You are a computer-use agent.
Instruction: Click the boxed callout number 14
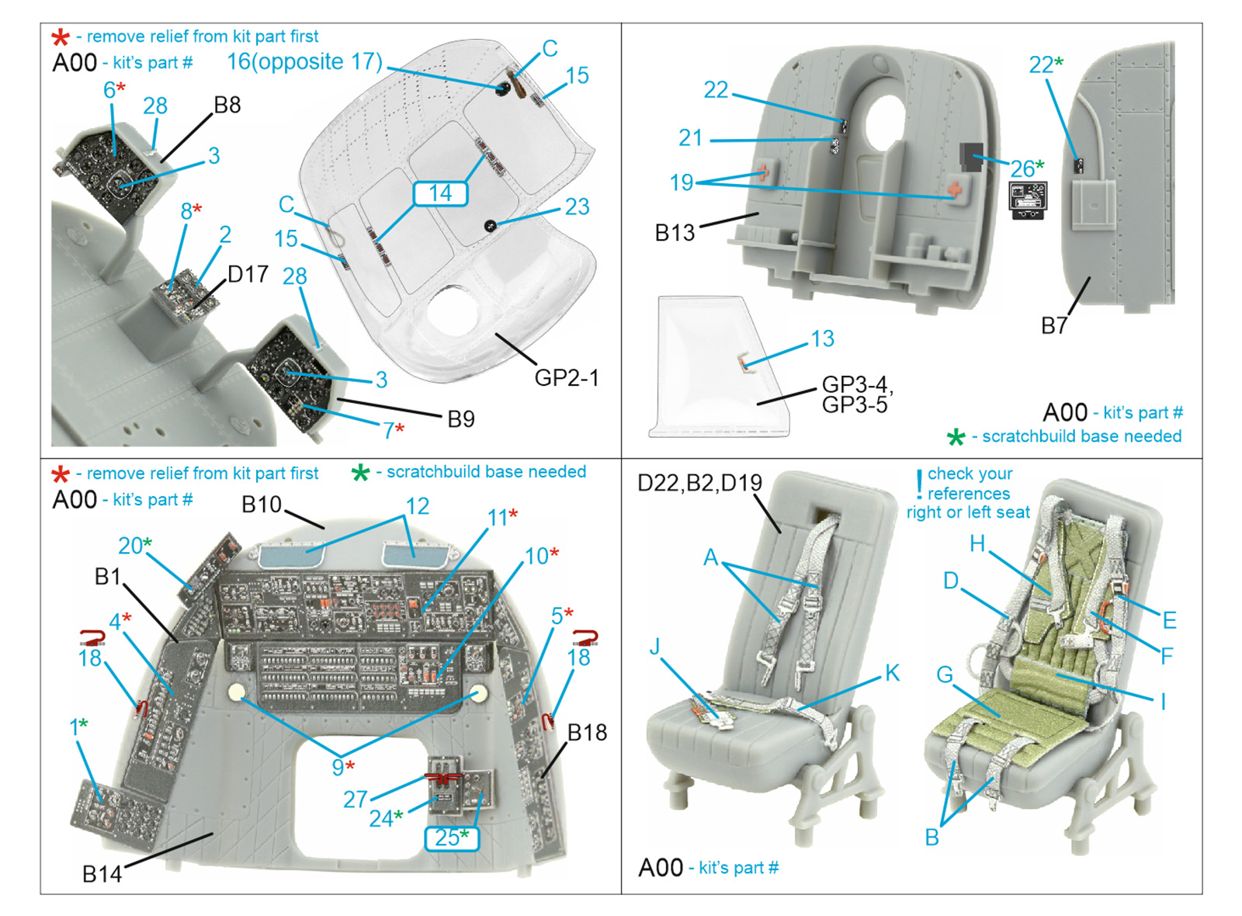[440, 193]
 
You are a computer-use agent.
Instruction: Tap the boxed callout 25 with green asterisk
[452, 838]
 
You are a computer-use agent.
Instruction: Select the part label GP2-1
[567, 378]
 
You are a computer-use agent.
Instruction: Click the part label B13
[675, 233]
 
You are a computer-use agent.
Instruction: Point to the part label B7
[1054, 326]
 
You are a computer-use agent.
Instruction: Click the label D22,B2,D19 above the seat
[699, 483]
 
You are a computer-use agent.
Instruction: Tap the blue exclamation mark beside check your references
[919, 484]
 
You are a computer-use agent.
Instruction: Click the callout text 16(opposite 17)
[304, 62]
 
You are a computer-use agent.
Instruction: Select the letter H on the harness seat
[977, 544]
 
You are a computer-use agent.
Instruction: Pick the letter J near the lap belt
[656, 647]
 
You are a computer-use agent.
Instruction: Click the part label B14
[102, 874]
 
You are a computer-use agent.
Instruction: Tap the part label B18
[587, 732]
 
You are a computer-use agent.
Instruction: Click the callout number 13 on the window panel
[822, 338]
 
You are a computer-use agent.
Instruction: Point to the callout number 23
[577, 206]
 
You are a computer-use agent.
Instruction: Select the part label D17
[248, 274]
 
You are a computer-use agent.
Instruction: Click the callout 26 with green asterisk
[1026, 168]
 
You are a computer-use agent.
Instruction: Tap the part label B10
[261, 505]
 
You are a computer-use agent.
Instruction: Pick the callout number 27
[356, 799]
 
